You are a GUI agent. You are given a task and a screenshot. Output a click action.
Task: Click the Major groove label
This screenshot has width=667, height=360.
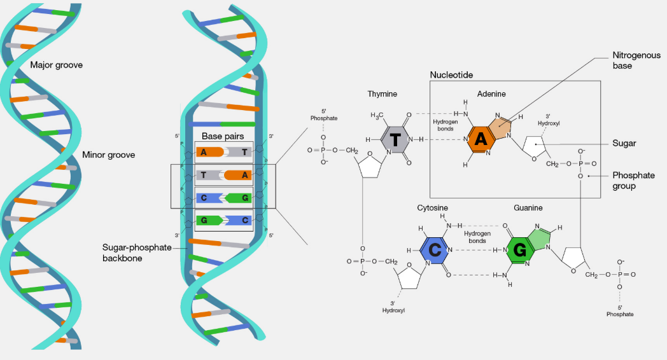(57, 65)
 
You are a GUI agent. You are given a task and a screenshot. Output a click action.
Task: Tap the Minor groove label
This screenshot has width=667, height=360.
(108, 155)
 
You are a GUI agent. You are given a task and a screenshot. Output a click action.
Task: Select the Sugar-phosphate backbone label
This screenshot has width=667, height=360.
(137, 252)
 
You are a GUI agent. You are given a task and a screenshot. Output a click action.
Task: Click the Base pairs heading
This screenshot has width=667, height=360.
(223, 136)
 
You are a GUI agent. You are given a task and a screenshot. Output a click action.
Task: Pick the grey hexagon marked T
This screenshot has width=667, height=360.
(395, 139)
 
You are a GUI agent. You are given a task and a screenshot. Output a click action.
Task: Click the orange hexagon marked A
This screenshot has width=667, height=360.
(481, 139)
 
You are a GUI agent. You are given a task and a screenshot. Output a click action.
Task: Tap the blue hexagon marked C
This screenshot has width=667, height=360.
(435, 250)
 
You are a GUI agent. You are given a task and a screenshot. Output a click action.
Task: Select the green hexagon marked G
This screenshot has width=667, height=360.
(520, 251)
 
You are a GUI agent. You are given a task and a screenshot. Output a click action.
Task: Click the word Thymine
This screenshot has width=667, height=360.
(382, 94)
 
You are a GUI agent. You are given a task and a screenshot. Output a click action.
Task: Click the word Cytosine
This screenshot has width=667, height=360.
(433, 208)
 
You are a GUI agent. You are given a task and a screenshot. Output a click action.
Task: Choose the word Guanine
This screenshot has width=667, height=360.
(528, 208)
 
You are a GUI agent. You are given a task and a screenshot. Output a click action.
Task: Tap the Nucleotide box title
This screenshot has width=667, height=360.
(451, 75)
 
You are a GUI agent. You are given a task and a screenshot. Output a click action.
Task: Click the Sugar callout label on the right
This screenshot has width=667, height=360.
(624, 144)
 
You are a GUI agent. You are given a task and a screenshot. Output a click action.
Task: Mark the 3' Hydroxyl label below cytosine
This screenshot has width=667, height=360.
(393, 307)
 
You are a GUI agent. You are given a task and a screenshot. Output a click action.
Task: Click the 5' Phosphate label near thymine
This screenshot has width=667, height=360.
(324, 114)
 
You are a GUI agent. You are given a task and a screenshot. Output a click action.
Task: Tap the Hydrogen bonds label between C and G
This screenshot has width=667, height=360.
(475, 237)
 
